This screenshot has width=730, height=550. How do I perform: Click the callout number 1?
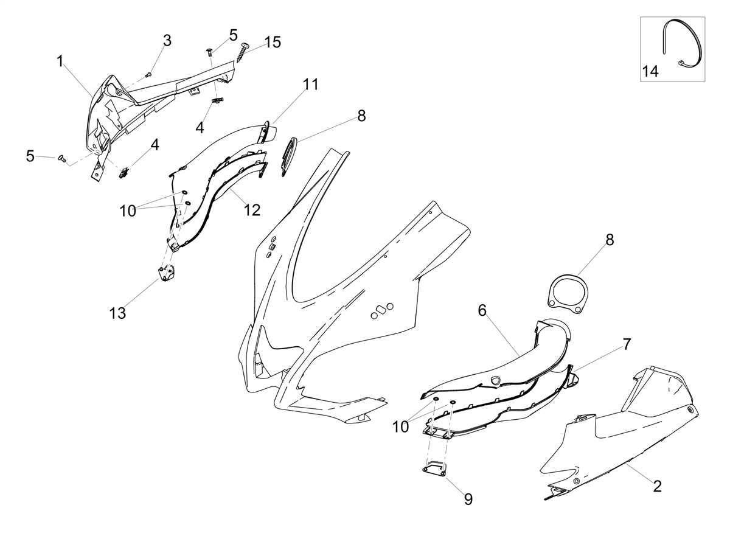point(60,61)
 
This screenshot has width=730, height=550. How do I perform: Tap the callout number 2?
point(657,487)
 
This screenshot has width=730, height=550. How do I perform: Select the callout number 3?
point(167,41)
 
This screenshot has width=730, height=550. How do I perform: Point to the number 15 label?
point(273,42)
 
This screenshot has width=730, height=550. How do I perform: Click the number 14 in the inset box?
point(650,71)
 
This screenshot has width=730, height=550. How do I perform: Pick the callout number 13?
point(118,313)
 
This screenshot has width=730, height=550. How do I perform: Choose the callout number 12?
point(252,210)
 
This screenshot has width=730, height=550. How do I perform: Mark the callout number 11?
point(311,85)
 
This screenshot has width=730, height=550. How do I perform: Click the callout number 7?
point(627,344)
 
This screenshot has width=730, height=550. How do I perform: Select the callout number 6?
point(482,310)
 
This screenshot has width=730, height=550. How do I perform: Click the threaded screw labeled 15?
point(245,52)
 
